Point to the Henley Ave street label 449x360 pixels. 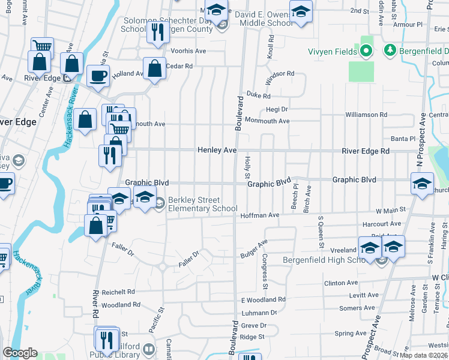pyautogui.click(x=217, y=151)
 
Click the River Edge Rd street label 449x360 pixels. pyautogui.click(x=366, y=151)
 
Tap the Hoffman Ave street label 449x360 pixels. pyautogui.click(x=260, y=215)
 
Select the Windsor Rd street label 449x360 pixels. pyautogui.click(x=280, y=73)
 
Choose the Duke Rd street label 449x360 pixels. pyautogui.click(x=259, y=95)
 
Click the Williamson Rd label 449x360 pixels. pyautogui.click(x=366, y=114)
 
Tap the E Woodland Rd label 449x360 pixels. pyautogui.click(x=263, y=299)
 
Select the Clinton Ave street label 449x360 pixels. pyautogui.click(x=340, y=283)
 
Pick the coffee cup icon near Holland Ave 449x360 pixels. pyautogui.click(x=98, y=75)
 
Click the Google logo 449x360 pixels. pyautogui.click(x=20, y=353)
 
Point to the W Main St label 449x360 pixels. pyautogui.click(x=391, y=211)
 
